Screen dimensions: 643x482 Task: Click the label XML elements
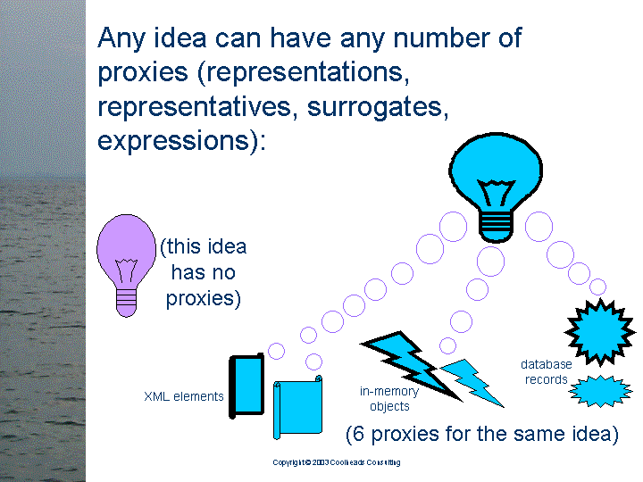click(184, 396)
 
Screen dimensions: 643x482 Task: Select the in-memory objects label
click(389, 398)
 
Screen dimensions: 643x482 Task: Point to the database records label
click(547, 371)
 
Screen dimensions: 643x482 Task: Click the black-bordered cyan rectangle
click(246, 386)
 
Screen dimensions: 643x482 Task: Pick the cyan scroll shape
click(298, 407)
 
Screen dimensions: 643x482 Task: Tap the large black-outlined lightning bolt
click(412, 364)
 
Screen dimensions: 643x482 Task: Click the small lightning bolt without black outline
click(472, 382)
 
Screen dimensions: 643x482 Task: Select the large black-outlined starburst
click(600, 332)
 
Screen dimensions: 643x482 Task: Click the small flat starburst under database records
click(600, 391)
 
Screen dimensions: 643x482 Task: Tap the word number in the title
click(441, 38)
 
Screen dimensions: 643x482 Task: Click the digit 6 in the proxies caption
click(358, 434)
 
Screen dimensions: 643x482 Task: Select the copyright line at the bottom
click(337, 462)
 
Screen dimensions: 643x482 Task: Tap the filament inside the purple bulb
click(126, 270)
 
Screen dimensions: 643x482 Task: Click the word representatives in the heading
click(195, 106)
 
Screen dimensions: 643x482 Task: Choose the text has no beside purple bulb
click(203, 272)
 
